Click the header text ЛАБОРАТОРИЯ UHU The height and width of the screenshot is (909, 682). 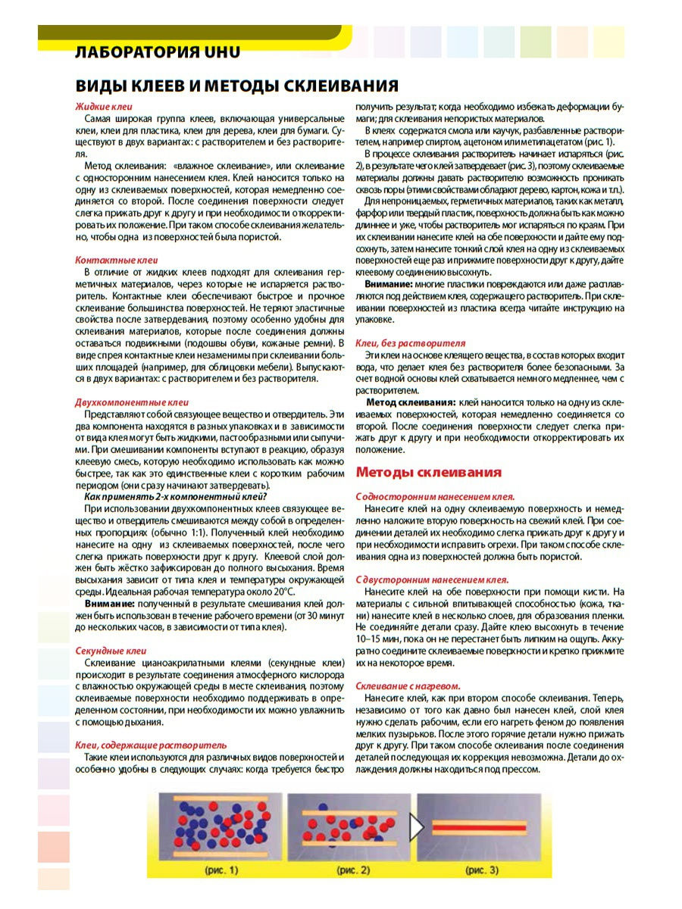(158, 52)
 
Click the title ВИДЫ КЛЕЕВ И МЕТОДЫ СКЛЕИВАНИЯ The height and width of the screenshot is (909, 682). (236, 85)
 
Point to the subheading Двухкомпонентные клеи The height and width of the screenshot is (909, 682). (132, 402)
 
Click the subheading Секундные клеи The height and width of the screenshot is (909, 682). (111, 651)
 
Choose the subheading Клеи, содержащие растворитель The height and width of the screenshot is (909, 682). (151, 745)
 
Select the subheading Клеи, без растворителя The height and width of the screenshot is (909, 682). (411, 343)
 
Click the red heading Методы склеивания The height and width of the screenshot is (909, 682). (428, 472)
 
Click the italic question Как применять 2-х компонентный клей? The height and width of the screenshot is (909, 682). (174, 496)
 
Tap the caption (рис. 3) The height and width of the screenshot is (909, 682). (482, 870)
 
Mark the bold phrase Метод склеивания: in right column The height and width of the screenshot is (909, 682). (411, 401)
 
